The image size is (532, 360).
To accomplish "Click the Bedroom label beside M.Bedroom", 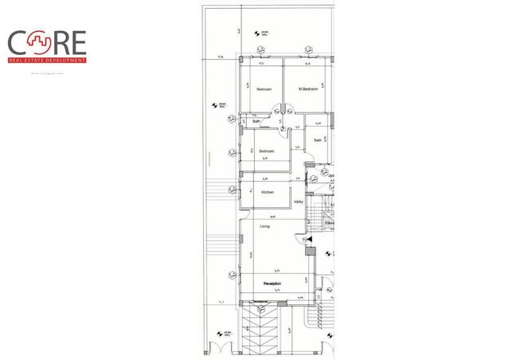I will click(264, 89).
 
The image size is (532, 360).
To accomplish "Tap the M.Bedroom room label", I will click(308, 89).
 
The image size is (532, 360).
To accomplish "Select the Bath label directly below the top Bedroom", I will click(256, 122).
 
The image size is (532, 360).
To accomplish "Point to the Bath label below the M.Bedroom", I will click(317, 141).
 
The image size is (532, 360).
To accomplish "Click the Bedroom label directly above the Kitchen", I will click(266, 151).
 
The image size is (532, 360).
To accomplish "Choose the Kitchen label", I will click(268, 192).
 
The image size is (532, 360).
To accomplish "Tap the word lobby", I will click(299, 202).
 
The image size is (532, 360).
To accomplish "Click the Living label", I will click(264, 226).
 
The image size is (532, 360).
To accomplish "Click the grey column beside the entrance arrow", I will click(310, 252).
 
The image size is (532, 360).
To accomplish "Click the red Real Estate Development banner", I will click(48, 60).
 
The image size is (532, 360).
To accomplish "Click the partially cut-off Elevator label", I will click(328, 223).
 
